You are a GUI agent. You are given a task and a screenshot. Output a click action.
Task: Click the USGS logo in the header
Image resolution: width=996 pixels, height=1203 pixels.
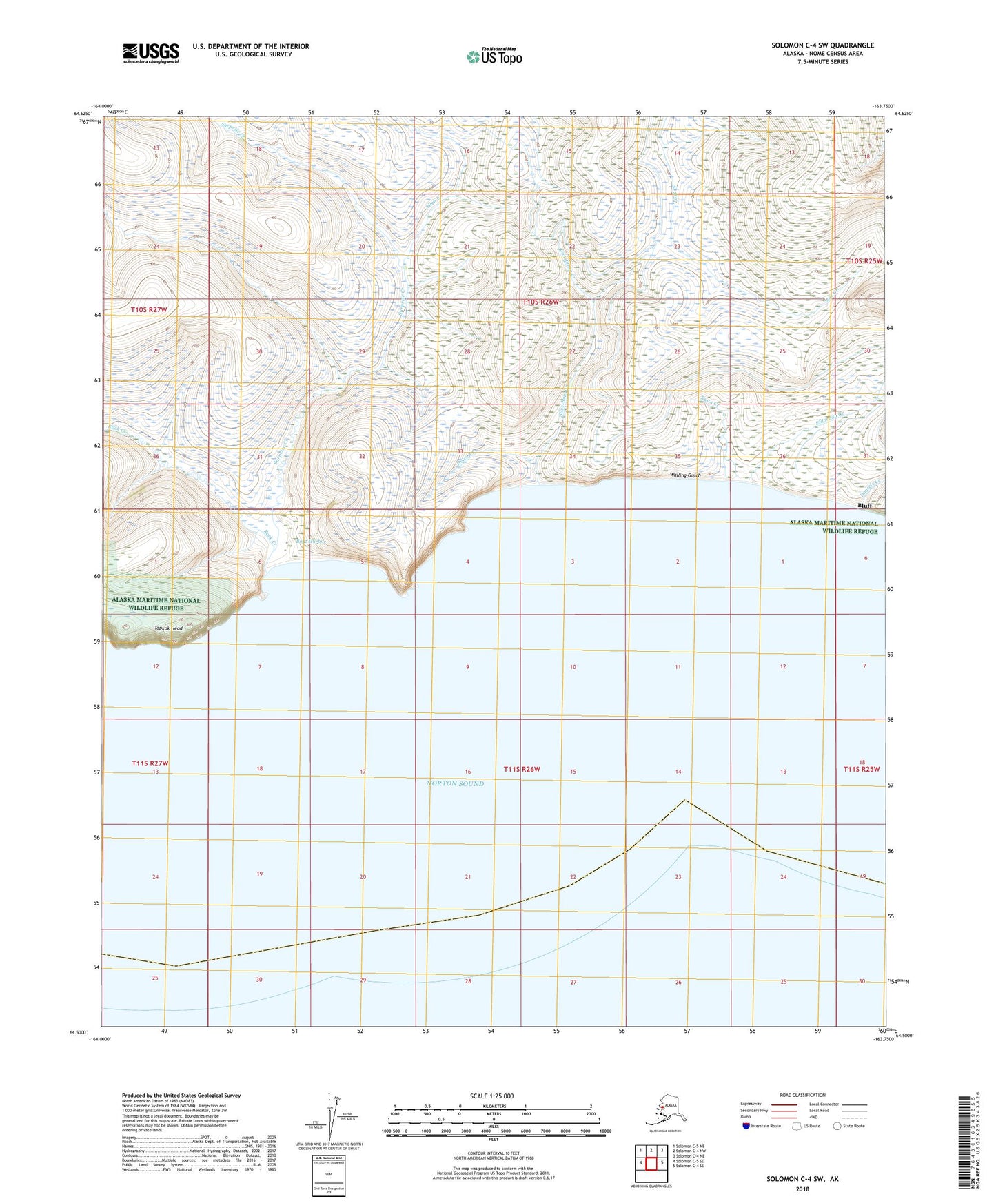click(150, 53)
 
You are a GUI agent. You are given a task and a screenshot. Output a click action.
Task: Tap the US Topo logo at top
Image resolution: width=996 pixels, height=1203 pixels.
click(494, 56)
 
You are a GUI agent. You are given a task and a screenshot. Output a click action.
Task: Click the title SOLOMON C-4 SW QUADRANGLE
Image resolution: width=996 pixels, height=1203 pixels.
click(822, 45)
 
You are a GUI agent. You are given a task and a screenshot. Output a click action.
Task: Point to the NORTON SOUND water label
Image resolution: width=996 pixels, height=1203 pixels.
click(455, 783)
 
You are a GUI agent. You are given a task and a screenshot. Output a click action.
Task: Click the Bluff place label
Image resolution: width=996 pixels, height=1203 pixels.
click(864, 505)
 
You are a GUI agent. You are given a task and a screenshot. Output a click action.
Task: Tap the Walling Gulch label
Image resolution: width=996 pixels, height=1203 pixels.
click(686, 475)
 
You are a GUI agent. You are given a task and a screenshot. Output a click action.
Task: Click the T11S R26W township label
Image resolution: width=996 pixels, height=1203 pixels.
click(522, 769)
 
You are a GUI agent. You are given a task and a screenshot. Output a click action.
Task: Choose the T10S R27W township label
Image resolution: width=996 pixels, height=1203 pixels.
click(149, 310)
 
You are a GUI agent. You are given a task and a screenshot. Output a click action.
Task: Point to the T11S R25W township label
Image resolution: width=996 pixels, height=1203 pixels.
click(862, 769)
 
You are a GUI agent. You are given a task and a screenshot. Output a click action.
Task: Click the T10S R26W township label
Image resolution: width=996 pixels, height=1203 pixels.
click(540, 302)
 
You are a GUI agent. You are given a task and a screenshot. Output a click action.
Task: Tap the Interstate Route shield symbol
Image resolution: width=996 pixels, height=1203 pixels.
click(747, 1127)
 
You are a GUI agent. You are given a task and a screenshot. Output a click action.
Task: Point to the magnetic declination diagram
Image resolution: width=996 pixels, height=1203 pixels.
click(329, 1118)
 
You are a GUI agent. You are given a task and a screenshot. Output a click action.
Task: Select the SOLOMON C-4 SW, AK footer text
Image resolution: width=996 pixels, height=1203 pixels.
click(802, 1179)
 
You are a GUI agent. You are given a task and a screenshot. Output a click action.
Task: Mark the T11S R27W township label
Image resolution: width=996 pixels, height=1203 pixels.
click(150, 763)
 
